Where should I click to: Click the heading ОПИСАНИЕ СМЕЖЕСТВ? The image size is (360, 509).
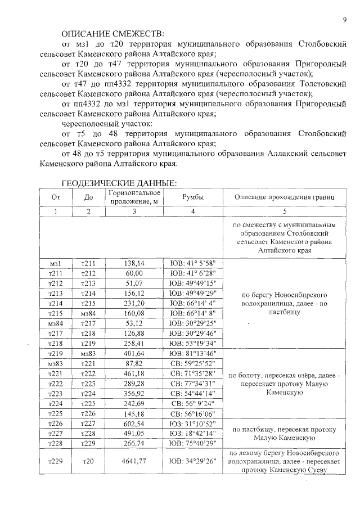coord(113,33)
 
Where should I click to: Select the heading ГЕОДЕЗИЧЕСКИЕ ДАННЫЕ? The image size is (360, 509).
coord(119,183)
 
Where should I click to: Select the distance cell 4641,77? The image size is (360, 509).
coord(134,461)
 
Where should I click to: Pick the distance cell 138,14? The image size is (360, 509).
coord(134,263)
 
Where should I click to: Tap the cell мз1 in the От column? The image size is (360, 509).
coord(55,263)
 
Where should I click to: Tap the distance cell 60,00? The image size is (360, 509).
coord(134,273)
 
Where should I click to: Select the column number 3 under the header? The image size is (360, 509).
coord(134,211)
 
